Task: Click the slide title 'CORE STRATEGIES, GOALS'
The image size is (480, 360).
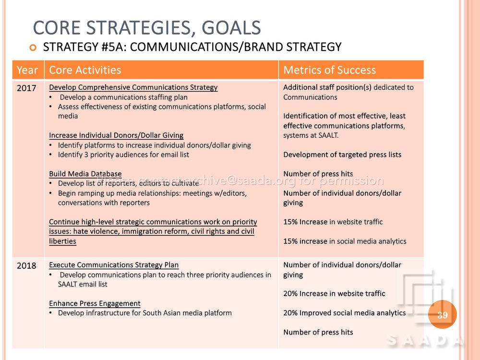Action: click(x=146, y=28)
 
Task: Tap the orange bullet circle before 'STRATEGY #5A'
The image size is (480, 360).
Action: click(x=33, y=48)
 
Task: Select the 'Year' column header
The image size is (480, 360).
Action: click(x=27, y=70)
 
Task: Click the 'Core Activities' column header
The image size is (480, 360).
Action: click(x=85, y=70)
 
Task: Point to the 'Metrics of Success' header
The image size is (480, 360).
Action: click(x=329, y=70)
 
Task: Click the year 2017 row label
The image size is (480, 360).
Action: click(x=26, y=88)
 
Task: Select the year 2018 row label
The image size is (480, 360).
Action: click(x=26, y=266)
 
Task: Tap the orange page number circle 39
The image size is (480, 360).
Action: click(x=443, y=315)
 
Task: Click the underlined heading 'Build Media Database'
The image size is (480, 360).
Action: click(x=85, y=174)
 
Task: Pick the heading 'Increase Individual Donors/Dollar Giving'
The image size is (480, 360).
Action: click(x=116, y=135)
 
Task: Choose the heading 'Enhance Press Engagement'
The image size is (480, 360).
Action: click(x=95, y=303)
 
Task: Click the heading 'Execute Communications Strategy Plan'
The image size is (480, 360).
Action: click(x=114, y=265)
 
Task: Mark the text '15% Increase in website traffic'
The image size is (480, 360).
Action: click(x=333, y=222)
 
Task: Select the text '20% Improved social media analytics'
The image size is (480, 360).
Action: click(x=345, y=313)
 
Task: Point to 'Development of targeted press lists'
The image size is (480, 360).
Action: click(x=342, y=155)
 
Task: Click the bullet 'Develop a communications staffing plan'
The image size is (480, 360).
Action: click(x=124, y=97)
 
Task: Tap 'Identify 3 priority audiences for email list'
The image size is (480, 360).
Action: click(x=123, y=155)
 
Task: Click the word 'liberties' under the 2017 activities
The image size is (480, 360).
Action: click(x=62, y=241)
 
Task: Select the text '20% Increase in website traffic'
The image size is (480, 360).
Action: click(x=334, y=294)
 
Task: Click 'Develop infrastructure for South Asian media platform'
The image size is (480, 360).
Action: click(x=145, y=313)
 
